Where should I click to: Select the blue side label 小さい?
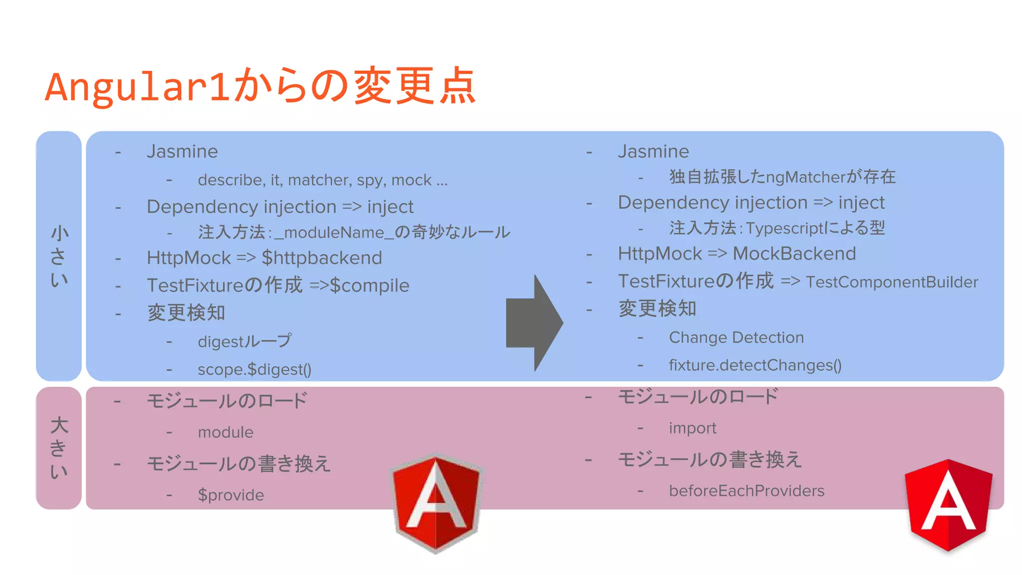coord(59,256)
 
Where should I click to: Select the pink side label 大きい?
coord(59,448)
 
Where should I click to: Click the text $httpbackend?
coord(322,258)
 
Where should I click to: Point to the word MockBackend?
coord(794,254)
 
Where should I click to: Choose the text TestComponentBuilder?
coord(892,283)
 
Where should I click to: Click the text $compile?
coord(370,286)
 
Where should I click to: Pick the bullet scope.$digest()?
coord(255,370)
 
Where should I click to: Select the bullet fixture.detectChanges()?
coord(755,365)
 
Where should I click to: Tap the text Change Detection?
coord(736,338)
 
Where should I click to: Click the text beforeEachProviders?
coord(747,491)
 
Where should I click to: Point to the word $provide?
coord(231,495)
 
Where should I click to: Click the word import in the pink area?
coord(693,428)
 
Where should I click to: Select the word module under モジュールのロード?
coord(226,432)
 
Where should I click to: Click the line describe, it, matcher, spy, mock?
coord(322,180)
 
